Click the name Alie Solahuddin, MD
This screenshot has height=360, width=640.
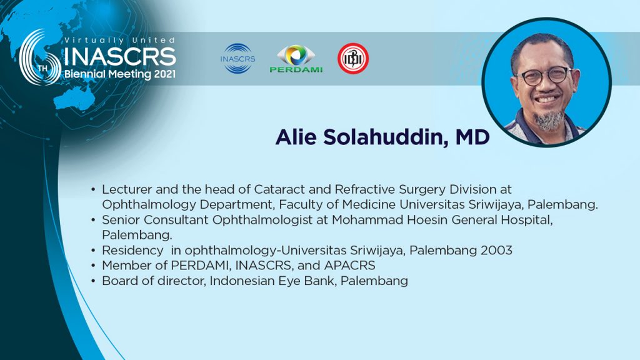coord(382,137)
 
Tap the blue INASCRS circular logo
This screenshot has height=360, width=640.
coord(237,59)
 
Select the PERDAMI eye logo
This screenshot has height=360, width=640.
coord(296,59)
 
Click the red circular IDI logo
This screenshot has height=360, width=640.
coord(353,58)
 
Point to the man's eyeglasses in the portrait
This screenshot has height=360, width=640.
coord(545,76)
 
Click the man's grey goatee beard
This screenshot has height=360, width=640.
coord(549,119)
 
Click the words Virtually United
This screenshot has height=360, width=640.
coord(119,41)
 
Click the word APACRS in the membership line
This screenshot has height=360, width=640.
coord(350,266)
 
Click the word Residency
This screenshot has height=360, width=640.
coord(132,251)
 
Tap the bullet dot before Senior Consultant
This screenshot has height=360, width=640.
coord(94,221)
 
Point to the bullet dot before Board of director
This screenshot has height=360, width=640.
coord(94,281)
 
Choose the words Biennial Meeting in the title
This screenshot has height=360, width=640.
coord(107,75)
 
